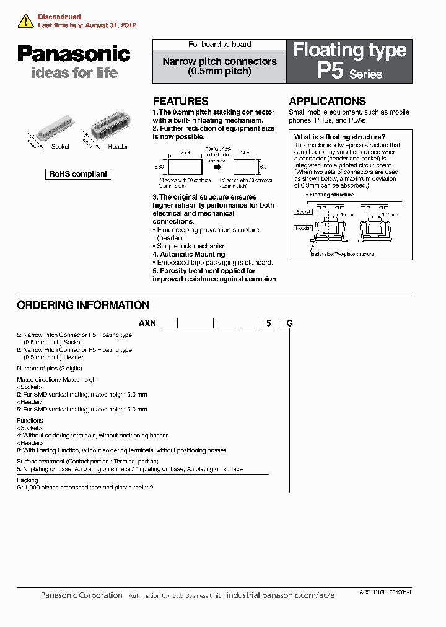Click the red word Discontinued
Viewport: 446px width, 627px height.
pyautogui.click(x=59, y=17)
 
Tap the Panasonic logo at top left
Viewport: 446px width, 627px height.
pyautogui.click(x=74, y=54)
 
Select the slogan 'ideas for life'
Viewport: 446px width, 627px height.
pyautogui.click(x=74, y=73)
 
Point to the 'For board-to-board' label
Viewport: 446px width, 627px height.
pyautogui.click(x=219, y=45)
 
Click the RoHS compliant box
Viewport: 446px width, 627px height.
pyautogui.click(x=78, y=174)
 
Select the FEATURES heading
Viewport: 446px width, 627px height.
pyautogui.click(x=180, y=101)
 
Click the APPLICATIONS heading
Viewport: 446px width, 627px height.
pyautogui.click(x=327, y=101)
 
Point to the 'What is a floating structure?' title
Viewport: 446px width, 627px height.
pyautogui.click(x=339, y=138)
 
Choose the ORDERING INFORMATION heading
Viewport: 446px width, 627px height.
pyautogui.click(x=83, y=305)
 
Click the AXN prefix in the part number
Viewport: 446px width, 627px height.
pyautogui.click(x=147, y=323)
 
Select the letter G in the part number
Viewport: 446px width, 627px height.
pyautogui.click(x=289, y=323)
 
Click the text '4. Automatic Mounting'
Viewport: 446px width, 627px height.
pyautogui.click(x=188, y=254)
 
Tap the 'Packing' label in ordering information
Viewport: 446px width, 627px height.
pyautogui.click(x=27, y=480)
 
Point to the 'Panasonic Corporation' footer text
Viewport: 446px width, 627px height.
pyautogui.click(x=81, y=595)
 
